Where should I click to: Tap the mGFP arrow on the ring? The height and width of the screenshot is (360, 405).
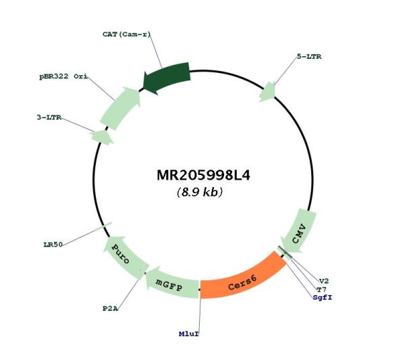(x=171, y=284)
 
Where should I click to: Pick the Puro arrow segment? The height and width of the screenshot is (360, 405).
(x=125, y=257)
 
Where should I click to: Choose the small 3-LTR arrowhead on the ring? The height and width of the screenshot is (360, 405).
(x=102, y=137)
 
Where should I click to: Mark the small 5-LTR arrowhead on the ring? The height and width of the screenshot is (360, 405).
(x=268, y=92)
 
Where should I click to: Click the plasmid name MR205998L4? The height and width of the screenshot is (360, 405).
(x=204, y=175)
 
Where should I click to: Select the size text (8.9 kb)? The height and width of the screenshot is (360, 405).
(x=200, y=192)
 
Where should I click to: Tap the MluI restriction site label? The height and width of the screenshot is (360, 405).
(x=189, y=334)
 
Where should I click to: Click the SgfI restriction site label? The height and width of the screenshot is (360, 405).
(x=323, y=297)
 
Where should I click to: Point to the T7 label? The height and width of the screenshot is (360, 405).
(x=321, y=289)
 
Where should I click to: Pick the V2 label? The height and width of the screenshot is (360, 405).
(x=324, y=281)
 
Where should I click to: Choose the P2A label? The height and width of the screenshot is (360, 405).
(x=110, y=309)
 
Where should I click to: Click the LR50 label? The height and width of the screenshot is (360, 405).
(x=53, y=245)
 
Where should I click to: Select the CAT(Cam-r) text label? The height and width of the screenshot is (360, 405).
(x=126, y=34)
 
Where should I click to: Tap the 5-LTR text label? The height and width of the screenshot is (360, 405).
(x=309, y=57)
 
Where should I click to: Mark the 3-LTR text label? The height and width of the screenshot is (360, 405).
(x=49, y=118)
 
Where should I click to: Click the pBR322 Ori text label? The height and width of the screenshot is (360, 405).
(x=63, y=76)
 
